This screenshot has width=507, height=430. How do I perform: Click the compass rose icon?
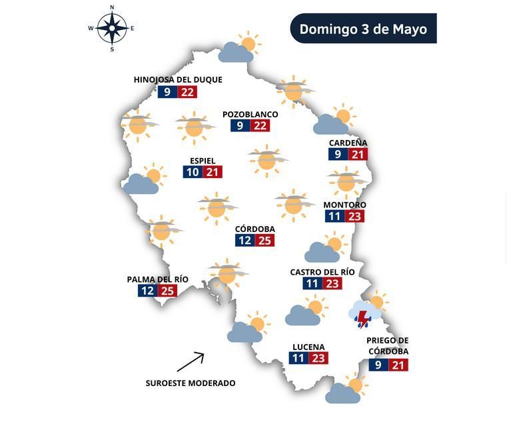pos(111,28)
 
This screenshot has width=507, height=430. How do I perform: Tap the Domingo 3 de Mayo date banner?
pos(363,29)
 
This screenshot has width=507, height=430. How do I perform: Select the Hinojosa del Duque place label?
pos(178,79)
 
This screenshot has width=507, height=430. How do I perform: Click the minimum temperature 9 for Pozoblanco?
pos(241,126)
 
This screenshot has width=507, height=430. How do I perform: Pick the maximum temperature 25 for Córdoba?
pos(264,240)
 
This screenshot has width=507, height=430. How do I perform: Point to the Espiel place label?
pos(203,161)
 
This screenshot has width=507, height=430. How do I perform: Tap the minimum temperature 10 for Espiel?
pos(193,172)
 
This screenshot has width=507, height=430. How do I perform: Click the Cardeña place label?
pos(348,143)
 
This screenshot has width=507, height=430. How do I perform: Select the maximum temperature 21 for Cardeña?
pos(358,154)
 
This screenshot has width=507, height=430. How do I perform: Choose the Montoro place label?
pos(344,205)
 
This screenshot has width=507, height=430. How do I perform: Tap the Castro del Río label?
pos(322,272)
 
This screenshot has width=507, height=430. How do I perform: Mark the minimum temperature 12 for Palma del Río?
pos(148,291)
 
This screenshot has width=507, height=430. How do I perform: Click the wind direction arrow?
pos(191,362)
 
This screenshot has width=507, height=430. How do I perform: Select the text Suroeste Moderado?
pos(191,383)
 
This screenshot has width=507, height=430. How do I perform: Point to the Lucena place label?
pos(308,347)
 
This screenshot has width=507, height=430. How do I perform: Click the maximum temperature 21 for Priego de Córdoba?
pos(398,365)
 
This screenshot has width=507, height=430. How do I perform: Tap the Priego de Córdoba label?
pos(387,346)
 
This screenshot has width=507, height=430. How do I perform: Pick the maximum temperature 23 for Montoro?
pos(354,216)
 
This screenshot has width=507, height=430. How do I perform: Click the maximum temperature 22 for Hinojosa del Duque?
pos(187,92)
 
